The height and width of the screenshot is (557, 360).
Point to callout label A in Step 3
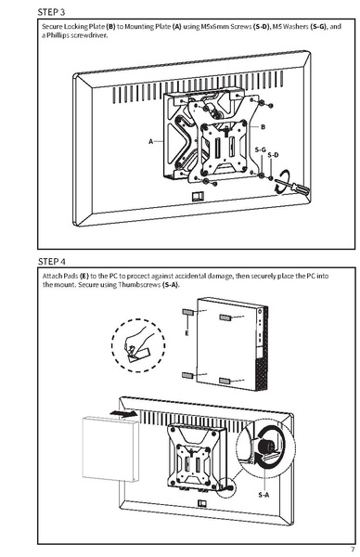click(149, 141)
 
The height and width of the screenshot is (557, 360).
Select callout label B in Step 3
click(263, 125)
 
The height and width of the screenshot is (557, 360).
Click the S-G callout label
click(261, 149)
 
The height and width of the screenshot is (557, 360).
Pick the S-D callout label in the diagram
click(272, 156)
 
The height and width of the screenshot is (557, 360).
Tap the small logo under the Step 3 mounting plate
click(196, 197)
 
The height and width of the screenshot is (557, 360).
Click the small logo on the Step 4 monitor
click(202, 506)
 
